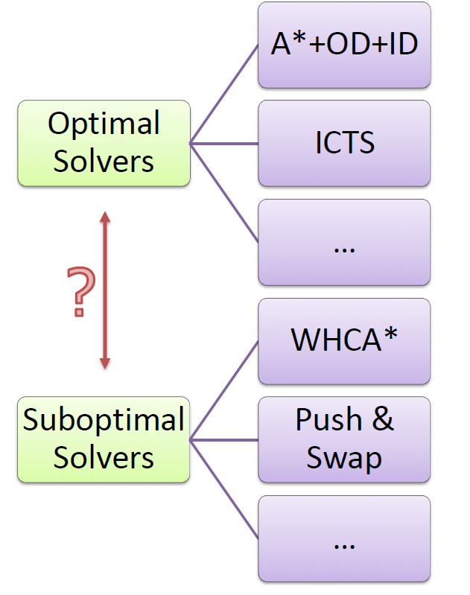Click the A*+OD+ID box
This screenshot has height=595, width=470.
coord(344,45)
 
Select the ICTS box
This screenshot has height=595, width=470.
coord(344,144)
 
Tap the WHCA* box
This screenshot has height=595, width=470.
coord(344,341)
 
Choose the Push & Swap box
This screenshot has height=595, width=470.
coord(344,440)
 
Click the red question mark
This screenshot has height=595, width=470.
coord(81,291)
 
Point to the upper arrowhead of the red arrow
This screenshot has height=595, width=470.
coord(105,217)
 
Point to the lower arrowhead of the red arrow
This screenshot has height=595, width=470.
coord(105,363)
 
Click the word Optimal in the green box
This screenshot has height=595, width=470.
coord(104,124)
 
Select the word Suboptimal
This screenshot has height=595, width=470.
coord(104,421)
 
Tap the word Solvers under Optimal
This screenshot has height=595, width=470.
coord(104,162)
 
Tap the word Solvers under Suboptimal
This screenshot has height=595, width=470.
coord(104,458)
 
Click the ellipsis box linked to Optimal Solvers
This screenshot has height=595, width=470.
coord(344,243)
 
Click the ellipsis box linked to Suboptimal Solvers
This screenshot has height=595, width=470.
coord(344,539)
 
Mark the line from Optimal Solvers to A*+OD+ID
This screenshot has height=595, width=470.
coord(224,95)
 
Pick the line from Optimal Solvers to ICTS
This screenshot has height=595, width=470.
coord(224,144)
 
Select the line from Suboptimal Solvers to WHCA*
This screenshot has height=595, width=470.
coord(224,391)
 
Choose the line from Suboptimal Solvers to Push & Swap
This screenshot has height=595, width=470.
coord(224,440)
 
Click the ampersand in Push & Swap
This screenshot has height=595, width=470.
coord(383,419)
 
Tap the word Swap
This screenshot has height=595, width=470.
coord(344,459)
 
